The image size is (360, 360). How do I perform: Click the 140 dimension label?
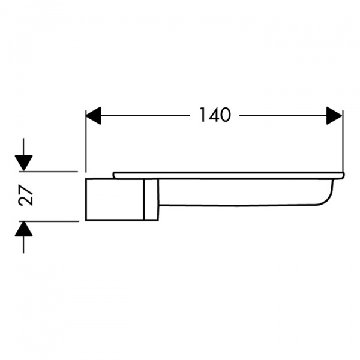tap(215, 115)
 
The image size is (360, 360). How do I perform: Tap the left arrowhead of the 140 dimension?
tap(93, 115)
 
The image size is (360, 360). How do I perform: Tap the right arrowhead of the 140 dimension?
tap(334, 115)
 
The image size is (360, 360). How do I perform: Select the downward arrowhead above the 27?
tap(23, 163)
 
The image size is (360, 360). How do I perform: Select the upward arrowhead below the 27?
tap(23, 229)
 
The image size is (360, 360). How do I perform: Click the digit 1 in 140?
tap(203, 115)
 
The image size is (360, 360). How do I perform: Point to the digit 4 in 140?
tap(213, 115)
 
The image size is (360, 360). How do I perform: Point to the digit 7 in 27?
tap(26, 190)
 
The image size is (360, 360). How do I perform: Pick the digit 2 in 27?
tap(26, 200)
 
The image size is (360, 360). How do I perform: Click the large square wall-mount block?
tap(115, 200)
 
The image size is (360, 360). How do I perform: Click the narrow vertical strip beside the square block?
tap(151, 200)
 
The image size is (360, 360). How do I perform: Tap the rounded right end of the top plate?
tap(343, 175)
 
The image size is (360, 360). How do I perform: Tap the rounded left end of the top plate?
tap(114, 175)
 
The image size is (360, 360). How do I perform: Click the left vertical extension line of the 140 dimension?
tap(86, 141)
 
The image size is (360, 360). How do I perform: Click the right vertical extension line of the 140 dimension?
tap(343, 141)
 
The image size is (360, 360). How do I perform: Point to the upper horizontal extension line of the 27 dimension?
tap(49, 172)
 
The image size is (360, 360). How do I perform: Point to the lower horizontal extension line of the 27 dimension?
tap(49, 221)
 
